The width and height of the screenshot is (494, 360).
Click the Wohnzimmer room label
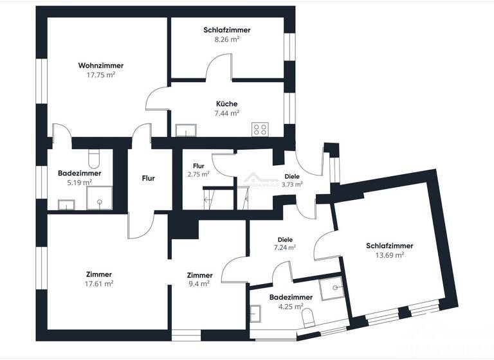(101, 66)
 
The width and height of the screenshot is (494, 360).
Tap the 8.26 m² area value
(226, 39)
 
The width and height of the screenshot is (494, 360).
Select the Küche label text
(226, 104)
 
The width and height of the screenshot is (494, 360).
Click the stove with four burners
(261, 129)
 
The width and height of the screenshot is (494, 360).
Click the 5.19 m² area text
(79, 183)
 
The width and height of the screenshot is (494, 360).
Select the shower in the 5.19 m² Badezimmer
(100, 198)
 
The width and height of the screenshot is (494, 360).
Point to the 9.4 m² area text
(199, 283)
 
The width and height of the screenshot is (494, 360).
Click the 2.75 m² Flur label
(199, 174)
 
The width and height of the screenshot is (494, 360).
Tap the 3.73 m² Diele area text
(292, 184)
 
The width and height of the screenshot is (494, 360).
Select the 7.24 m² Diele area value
(285, 247)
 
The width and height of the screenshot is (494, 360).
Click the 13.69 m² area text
(389, 255)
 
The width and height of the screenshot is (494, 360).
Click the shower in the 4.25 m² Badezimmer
(332, 289)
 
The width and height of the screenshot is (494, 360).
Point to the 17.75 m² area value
(101, 75)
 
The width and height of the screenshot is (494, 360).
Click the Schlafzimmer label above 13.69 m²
(389, 246)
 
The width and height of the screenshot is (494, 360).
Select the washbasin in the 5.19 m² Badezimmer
(66, 205)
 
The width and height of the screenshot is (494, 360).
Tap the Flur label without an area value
(148, 178)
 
